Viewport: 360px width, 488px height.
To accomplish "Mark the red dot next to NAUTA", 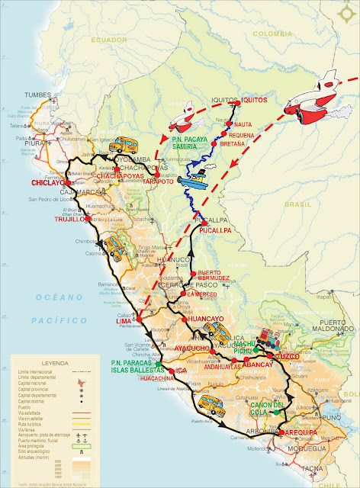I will pyautogui.click(x=232, y=124).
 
